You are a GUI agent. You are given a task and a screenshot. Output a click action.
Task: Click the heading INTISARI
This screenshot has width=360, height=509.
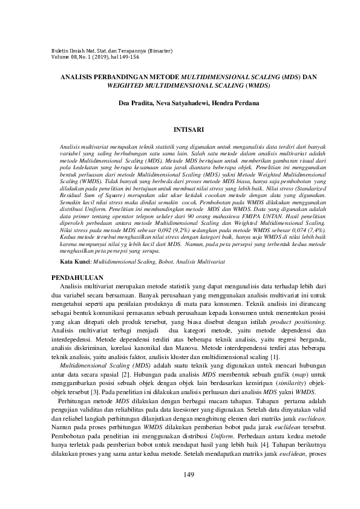click(180, 129)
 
